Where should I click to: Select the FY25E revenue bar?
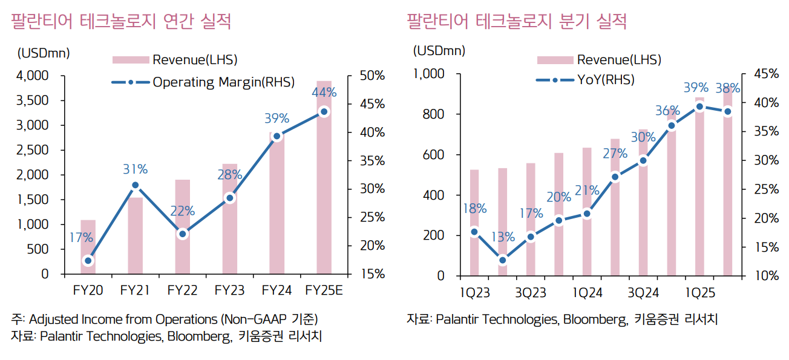(x=324, y=182)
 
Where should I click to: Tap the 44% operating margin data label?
(x=324, y=93)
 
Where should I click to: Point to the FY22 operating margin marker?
(x=182, y=234)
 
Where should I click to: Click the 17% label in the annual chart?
(x=80, y=238)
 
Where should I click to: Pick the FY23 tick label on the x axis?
(x=229, y=290)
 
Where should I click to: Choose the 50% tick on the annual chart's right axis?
(x=372, y=76)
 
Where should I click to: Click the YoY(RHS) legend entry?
(x=606, y=79)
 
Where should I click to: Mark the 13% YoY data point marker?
(x=502, y=260)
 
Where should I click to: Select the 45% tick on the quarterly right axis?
(x=767, y=74)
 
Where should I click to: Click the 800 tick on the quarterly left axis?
(x=433, y=114)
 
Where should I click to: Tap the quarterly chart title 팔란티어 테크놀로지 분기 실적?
(x=517, y=22)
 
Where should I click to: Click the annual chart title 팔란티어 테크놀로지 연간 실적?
(x=121, y=22)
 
